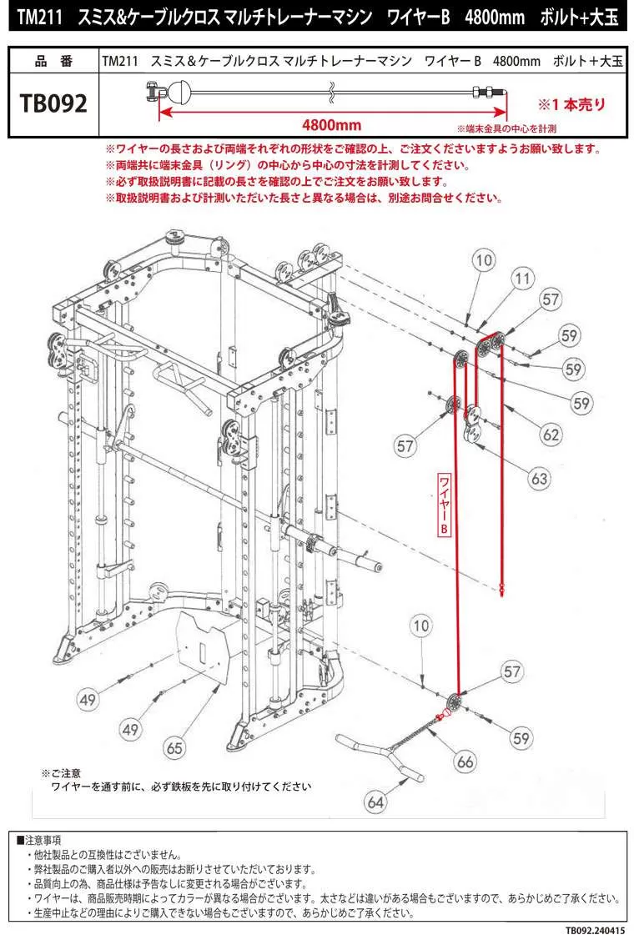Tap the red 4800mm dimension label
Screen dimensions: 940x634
[331, 124]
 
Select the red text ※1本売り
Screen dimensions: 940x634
[571, 105]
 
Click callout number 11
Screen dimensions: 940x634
[522, 278]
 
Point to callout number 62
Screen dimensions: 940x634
[551, 434]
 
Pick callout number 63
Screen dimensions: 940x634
[540, 479]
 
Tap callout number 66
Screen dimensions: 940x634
[465, 761]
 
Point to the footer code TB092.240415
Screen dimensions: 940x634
[594, 930]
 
